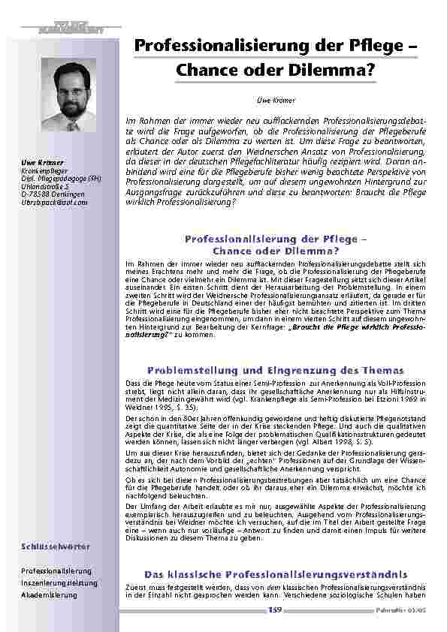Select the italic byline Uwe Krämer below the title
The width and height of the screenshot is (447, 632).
pyautogui.click(x=273, y=98)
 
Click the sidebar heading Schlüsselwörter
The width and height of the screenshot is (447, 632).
pyautogui.click(x=50, y=557)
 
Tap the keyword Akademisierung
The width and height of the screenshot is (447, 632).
pyautogui.click(x=50, y=594)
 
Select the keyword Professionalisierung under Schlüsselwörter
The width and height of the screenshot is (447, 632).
pyautogui.click(x=57, y=571)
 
